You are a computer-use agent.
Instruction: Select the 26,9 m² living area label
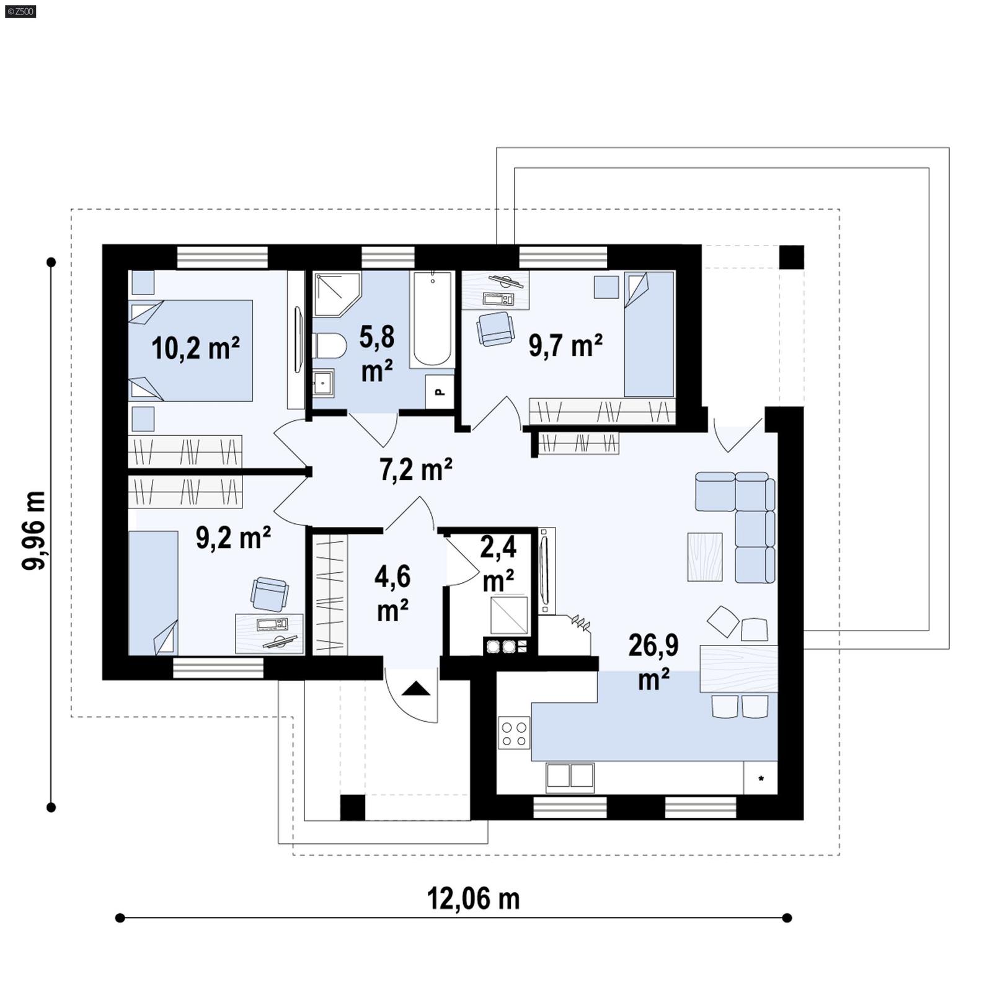pyautogui.click(x=653, y=662)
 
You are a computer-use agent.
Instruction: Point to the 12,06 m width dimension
pyautogui.click(x=473, y=898)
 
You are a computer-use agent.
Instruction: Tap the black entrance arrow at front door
pyautogui.click(x=416, y=689)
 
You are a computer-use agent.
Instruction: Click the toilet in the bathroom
pyautogui.click(x=330, y=345)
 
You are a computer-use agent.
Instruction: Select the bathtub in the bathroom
pyautogui.click(x=432, y=319)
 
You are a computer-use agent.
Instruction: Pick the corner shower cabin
pyautogui.click(x=335, y=294)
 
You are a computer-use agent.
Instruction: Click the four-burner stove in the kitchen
pyautogui.click(x=515, y=733)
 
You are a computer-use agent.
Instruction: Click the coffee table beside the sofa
pyautogui.click(x=705, y=556)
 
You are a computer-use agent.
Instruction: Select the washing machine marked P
pyautogui.click(x=440, y=391)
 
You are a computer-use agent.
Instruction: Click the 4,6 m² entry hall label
pyautogui.click(x=392, y=593)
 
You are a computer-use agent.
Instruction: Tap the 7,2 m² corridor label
pyautogui.click(x=415, y=469)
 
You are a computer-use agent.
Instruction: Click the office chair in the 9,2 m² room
pyautogui.click(x=269, y=593)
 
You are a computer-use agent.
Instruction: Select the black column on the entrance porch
pyautogui.click(x=353, y=807)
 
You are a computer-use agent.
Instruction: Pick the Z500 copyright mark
pyautogui.click(x=20, y=11)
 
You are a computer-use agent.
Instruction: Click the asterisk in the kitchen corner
pyautogui.click(x=761, y=779)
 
